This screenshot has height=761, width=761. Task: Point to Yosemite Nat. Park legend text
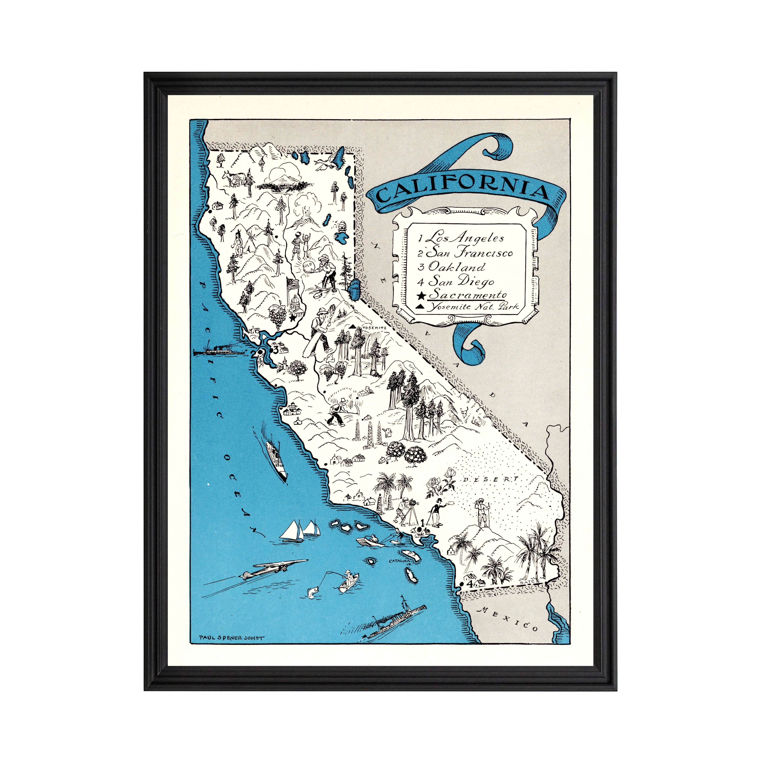pos(473,307)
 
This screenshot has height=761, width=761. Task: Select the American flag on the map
pos(291,284)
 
